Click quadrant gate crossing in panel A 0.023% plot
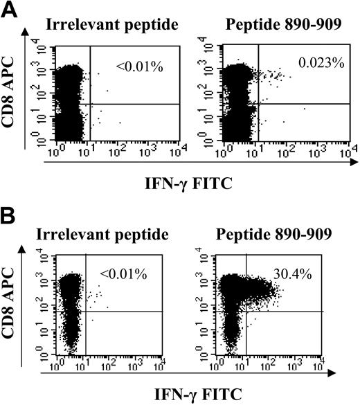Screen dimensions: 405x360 tap(259, 104)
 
